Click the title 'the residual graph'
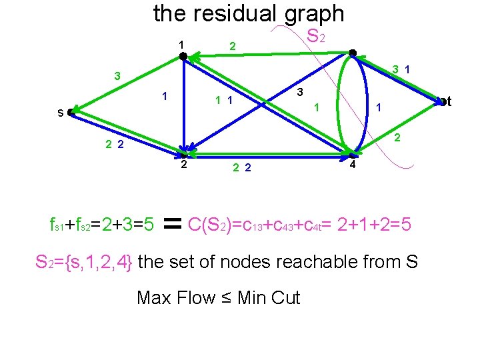(x=249, y=13)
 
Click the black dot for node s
(x=71, y=113)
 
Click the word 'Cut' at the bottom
(x=286, y=297)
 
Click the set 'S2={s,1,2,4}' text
(x=84, y=262)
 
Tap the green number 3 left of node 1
(x=117, y=76)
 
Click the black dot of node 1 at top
(x=183, y=57)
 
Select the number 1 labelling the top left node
(x=180, y=45)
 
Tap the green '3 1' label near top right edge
(x=401, y=68)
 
